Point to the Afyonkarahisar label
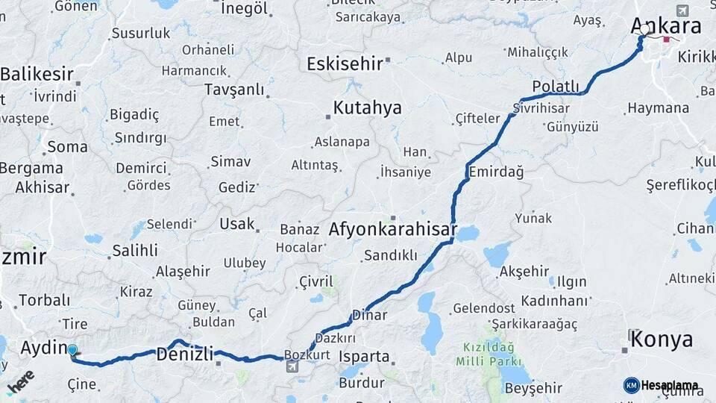point(392,230)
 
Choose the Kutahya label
point(367,107)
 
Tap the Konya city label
point(662,340)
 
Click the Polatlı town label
point(555,84)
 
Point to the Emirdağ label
point(495,172)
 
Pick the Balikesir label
point(37,74)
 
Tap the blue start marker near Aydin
point(72,350)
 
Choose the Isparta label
point(364,356)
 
